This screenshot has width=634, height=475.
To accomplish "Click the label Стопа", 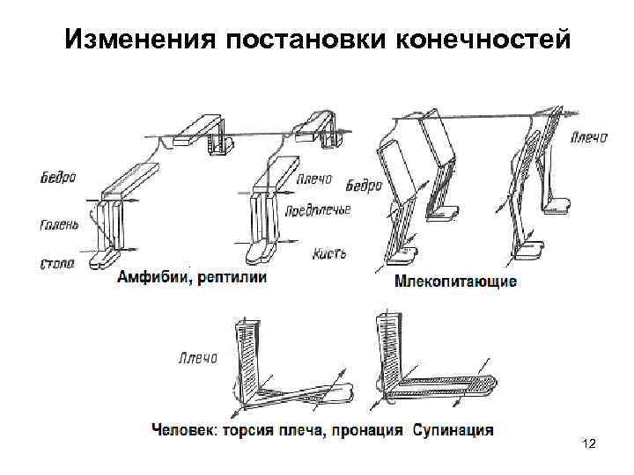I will click(57, 262).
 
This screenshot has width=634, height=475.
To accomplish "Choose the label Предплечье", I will click(318, 210).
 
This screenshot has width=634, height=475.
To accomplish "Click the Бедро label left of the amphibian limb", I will click(59, 177).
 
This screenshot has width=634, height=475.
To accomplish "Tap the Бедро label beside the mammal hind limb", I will click(364, 186).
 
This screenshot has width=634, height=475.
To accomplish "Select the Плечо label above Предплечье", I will click(313, 179).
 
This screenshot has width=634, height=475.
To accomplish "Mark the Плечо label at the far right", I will click(587, 137).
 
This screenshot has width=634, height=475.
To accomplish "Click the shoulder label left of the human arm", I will click(197, 359).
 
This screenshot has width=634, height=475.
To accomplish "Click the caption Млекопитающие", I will click(455, 282).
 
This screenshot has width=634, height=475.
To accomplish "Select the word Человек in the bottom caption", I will click(184, 430).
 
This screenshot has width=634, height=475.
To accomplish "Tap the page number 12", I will click(589, 448).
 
